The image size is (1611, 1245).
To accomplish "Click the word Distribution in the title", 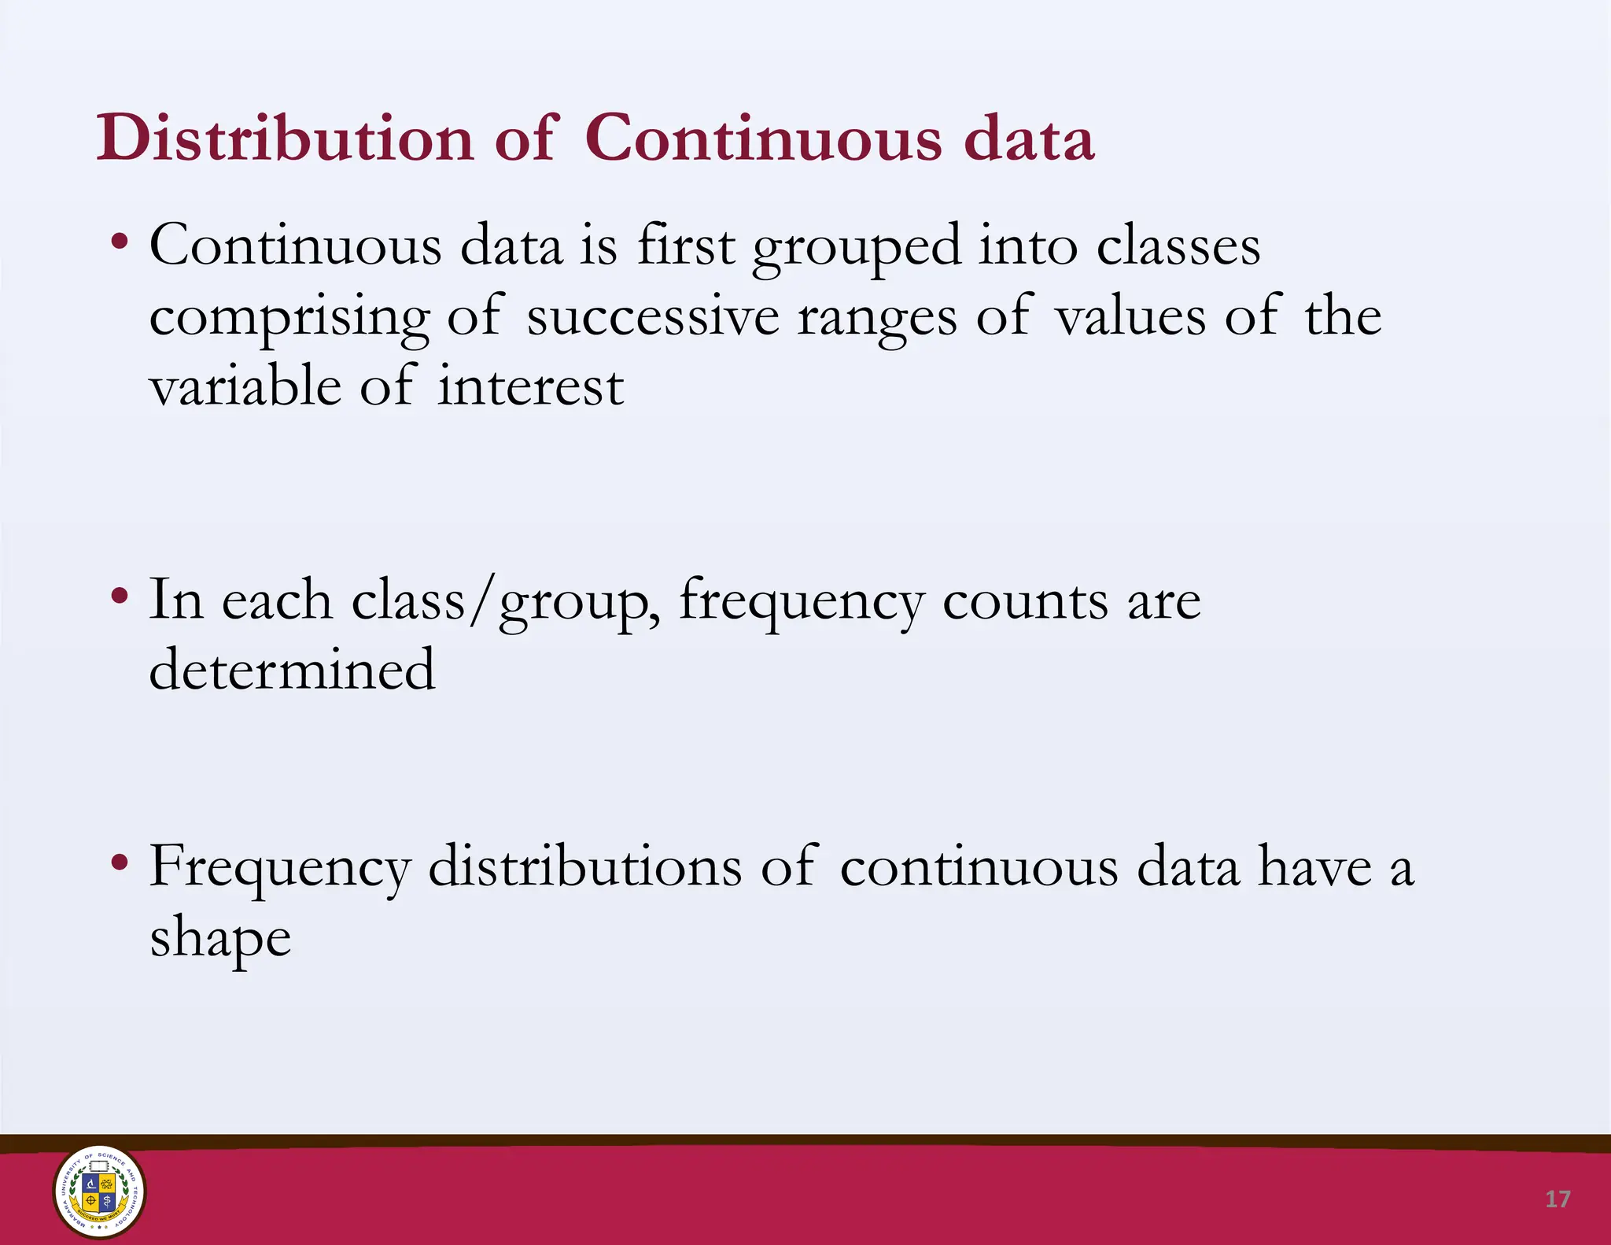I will click(x=285, y=139).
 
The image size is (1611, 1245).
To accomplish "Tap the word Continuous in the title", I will click(x=763, y=139).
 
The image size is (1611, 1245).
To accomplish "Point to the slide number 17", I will click(x=1558, y=1199).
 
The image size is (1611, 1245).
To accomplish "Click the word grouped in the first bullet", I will click(x=857, y=247).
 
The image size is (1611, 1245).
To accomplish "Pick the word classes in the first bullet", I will click(x=1178, y=246).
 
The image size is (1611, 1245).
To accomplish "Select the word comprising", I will click(x=289, y=318).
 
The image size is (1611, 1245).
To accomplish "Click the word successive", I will click(x=653, y=316).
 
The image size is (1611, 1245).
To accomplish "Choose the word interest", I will click(x=531, y=387).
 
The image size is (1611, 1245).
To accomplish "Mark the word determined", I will click(x=292, y=670).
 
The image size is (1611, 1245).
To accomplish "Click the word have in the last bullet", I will click(x=1314, y=866).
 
